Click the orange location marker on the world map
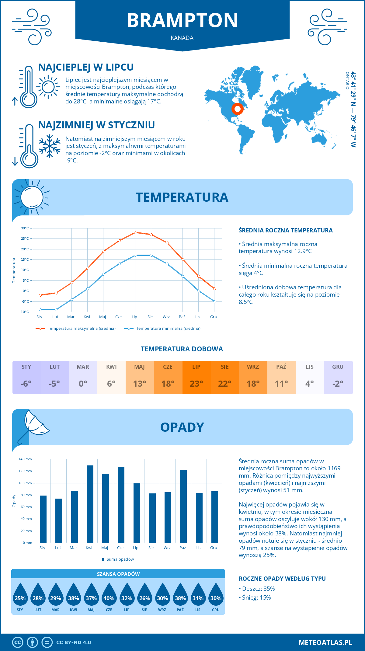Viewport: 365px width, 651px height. click(x=237, y=109)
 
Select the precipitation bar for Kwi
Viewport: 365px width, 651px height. click(x=90, y=504)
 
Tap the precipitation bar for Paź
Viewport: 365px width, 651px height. click(x=183, y=506)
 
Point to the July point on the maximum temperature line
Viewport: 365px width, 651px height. click(x=135, y=232)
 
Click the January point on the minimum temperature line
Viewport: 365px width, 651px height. click(x=40, y=310)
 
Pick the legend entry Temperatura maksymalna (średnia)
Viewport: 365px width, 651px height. click(x=76, y=329)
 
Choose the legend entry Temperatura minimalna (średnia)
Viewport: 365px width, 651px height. click(x=162, y=329)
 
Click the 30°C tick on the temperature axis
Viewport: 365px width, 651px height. click(x=25, y=228)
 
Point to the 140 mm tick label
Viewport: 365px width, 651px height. click(x=25, y=459)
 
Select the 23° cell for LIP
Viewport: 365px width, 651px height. click(x=196, y=383)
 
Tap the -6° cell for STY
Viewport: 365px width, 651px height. click(x=26, y=383)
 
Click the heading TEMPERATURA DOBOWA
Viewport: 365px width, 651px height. click(x=182, y=349)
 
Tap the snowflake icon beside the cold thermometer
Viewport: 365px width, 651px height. click(x=50, y=146)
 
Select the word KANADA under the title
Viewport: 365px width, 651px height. click(x=182, y=38)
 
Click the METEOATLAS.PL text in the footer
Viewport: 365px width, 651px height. click(x=325, y=642)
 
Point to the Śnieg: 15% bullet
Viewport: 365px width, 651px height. click(x=255, y=597)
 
